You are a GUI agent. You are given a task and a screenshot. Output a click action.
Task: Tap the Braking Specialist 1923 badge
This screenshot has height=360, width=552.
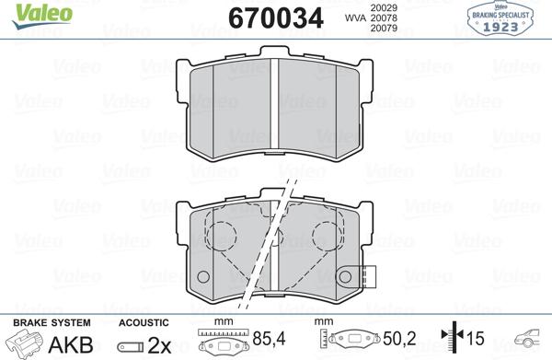point(508,18)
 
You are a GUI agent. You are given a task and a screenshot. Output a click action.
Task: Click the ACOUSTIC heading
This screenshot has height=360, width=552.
point(144,322)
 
